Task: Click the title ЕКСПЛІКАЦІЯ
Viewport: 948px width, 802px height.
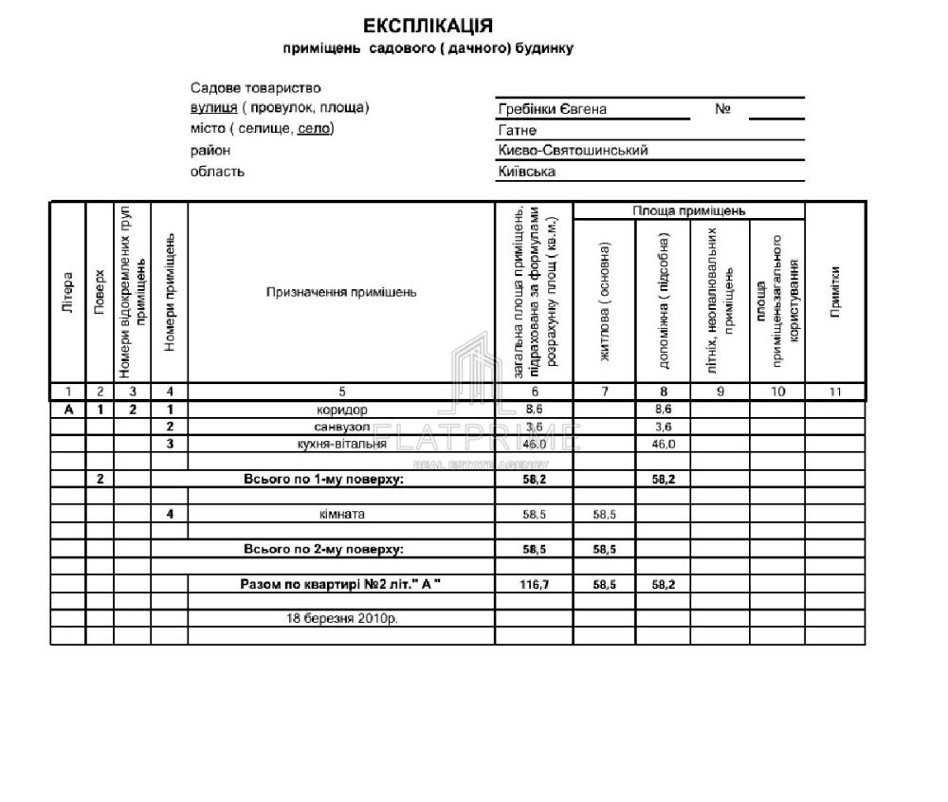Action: (x=428, y=25)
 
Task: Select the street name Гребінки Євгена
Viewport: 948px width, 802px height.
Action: (x=553, y=109)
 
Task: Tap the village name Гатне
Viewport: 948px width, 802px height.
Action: (x=518, y=130)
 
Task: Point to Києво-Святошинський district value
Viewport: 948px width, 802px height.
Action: (x=573, y=151)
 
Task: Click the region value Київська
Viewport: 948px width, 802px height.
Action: (x=527, y=172)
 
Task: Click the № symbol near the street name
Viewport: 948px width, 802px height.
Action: (x=722, y=109)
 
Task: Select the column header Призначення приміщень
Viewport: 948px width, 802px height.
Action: (x=341, y=293)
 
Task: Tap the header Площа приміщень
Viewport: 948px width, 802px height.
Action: (x=689, y=210)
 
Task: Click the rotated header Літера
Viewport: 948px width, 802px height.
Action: (x=67, y=293)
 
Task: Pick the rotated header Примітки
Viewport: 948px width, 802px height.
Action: (x=834, y=293)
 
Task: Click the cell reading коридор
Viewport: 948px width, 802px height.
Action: (x=341, y=410)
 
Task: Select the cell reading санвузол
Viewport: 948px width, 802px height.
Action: (x=341, y=428)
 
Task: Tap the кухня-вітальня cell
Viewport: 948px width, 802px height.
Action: (x=341, y=444)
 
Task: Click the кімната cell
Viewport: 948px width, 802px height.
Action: (x=341, y=514)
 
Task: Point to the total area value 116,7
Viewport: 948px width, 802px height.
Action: (x=535, y=584)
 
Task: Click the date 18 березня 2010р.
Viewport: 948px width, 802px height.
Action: (x=341, y=618)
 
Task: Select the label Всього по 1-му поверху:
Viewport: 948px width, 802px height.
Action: (x=323, y=479)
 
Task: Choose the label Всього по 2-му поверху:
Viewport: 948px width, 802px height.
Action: (x=323, y=549)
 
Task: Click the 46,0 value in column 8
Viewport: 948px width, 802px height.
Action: (x=663, y=444)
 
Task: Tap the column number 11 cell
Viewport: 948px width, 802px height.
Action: (x=834, y=392)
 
